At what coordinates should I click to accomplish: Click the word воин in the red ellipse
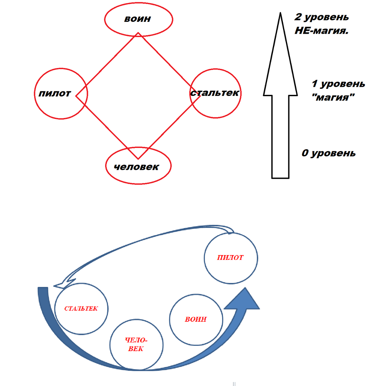click(137, 19)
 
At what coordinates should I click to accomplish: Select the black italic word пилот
click(55, 94)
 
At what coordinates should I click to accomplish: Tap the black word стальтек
click(215, 93)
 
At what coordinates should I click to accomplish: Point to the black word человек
click(136, 167)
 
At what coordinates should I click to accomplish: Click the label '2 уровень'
click(321, 17)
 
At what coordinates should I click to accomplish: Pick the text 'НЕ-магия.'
click(321, 31)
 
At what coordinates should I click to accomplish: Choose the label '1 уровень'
click(338, 84)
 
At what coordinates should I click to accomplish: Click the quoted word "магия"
click(333, 97)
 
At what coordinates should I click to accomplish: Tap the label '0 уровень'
click(329, 153)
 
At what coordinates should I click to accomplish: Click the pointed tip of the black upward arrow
click(280, 14)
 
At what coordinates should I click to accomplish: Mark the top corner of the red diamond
click(138, 33)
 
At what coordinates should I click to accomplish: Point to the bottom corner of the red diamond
click(138, 159)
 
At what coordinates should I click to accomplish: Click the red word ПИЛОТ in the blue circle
click(230, 258)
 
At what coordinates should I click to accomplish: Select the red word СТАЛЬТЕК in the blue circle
click(81, 308)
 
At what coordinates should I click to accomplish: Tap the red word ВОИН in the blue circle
click(196, 319)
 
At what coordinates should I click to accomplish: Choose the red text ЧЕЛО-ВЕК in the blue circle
click(136, 345)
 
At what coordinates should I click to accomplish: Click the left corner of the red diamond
click(76, 95)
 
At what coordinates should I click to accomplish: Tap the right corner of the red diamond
click(200, 96)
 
